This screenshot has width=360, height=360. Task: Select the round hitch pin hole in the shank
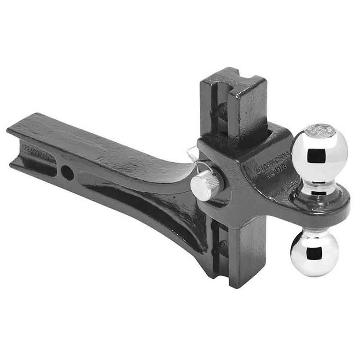click(x=67, y=171)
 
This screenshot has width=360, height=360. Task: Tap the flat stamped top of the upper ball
click(x=320, y=130)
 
